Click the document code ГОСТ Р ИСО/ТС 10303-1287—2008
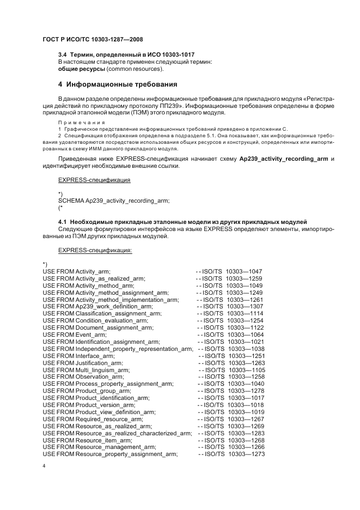[x=93, y=40]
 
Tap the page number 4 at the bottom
[x=44, y=467]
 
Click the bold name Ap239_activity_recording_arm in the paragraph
[x=283, y=158]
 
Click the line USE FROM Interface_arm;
[x=78, y=355]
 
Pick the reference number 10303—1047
[x=244, y=271]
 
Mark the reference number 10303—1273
[x=246, y=453]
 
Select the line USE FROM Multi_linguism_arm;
[x=86, y=369]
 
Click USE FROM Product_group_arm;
[x=87, y=391]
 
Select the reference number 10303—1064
[x=245, y=334]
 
